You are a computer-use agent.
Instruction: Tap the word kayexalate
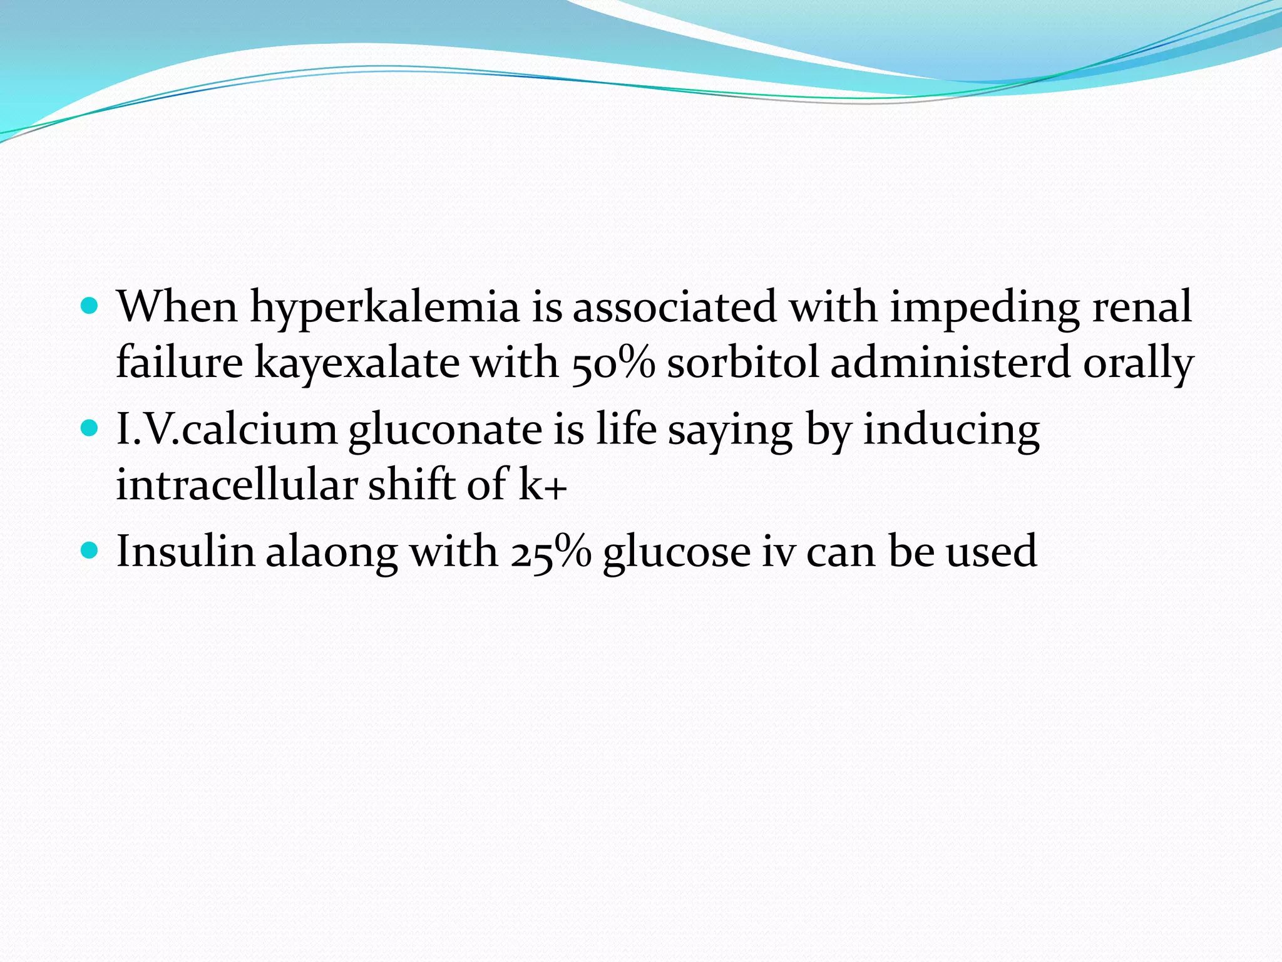357,363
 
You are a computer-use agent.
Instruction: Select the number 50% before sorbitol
613,363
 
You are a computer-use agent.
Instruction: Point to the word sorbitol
742,363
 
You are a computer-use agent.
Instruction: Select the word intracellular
237,485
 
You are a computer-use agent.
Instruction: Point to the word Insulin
185,551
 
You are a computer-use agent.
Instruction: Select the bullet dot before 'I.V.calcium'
91,428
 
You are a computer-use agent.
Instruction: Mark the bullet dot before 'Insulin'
91,551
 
